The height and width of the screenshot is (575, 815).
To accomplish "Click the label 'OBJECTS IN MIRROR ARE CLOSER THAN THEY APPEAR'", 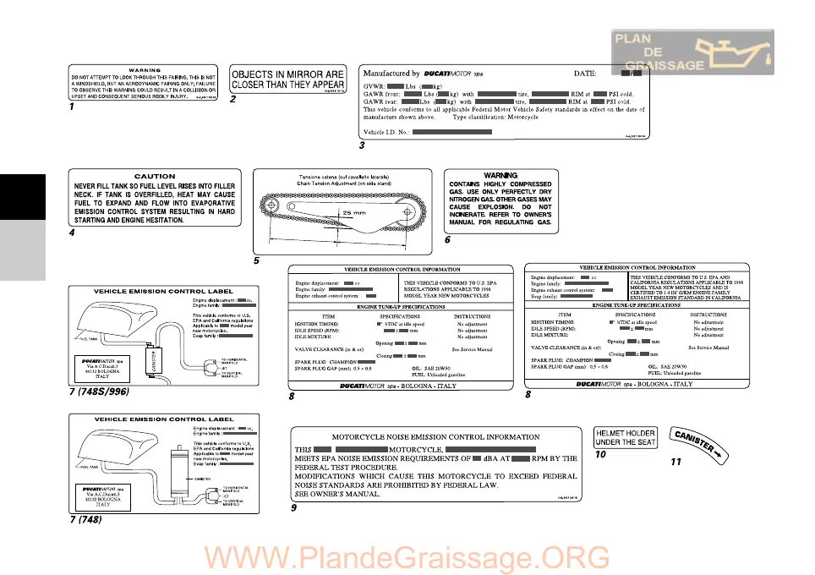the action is tap(287, 79).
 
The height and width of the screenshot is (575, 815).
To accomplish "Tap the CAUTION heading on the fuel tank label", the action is tap(155, 177).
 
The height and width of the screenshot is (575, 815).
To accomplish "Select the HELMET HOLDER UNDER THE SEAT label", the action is tap(626, 437).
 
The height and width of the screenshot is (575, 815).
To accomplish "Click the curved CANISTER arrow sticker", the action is tap(697, 441).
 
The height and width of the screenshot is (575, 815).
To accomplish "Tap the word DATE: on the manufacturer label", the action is tap(590, 74).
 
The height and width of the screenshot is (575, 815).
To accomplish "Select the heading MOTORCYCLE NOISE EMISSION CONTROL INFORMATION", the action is tap(435, 437).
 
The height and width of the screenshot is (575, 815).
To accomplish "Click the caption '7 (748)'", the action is tap(86, 519).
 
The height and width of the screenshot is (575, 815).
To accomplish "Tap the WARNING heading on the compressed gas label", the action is tap(500, 176).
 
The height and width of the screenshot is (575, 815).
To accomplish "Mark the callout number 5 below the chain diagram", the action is tap(255, 260).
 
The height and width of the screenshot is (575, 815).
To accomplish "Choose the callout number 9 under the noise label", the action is tap(293, 508).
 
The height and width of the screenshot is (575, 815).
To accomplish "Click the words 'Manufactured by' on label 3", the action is tap(391, 74).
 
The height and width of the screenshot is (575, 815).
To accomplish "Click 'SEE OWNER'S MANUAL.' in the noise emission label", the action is tap(336, 495).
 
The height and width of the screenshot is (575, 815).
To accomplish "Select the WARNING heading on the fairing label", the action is tap(145, 70).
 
